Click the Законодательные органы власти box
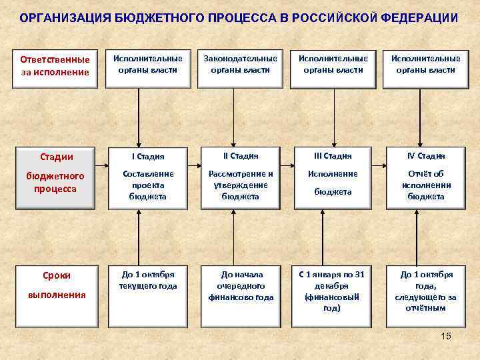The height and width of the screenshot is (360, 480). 240,64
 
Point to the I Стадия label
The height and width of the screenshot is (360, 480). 147,157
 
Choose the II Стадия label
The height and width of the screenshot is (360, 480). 240,156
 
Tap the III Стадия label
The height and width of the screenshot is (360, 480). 333,156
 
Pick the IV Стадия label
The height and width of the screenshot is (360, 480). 426,156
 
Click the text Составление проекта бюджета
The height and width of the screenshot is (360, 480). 147,185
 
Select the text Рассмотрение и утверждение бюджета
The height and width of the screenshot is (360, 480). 240,185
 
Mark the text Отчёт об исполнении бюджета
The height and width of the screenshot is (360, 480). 426,185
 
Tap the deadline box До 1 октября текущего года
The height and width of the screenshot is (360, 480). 147,281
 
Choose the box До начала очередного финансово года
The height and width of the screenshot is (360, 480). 240,285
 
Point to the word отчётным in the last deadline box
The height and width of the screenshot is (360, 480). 426,308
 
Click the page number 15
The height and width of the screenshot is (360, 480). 446,336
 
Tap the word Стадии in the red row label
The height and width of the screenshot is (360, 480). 56,157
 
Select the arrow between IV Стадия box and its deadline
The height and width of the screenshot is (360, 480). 426,233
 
